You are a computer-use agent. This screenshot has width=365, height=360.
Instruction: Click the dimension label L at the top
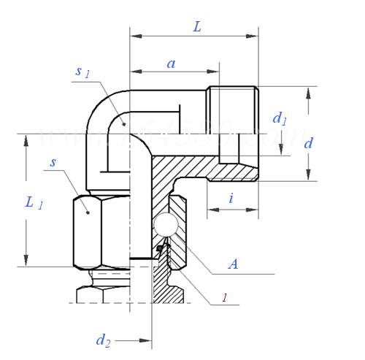197,26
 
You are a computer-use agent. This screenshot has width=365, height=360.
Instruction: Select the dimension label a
172,64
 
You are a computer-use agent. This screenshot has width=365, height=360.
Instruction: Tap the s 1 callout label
82,72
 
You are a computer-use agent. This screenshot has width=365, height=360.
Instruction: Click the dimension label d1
280,118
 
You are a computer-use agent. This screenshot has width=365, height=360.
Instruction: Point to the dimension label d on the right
308,143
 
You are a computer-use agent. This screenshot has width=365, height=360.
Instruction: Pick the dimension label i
231,197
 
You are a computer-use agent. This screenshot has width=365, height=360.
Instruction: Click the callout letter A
233,264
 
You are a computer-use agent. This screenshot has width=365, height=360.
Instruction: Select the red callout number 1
224,299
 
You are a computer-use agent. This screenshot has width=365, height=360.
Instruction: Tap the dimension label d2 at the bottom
104,340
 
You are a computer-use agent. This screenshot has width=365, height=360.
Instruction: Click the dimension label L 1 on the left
34,203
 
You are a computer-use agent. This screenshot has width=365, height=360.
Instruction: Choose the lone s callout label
53,162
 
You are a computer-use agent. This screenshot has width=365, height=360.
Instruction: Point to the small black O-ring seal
158,250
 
